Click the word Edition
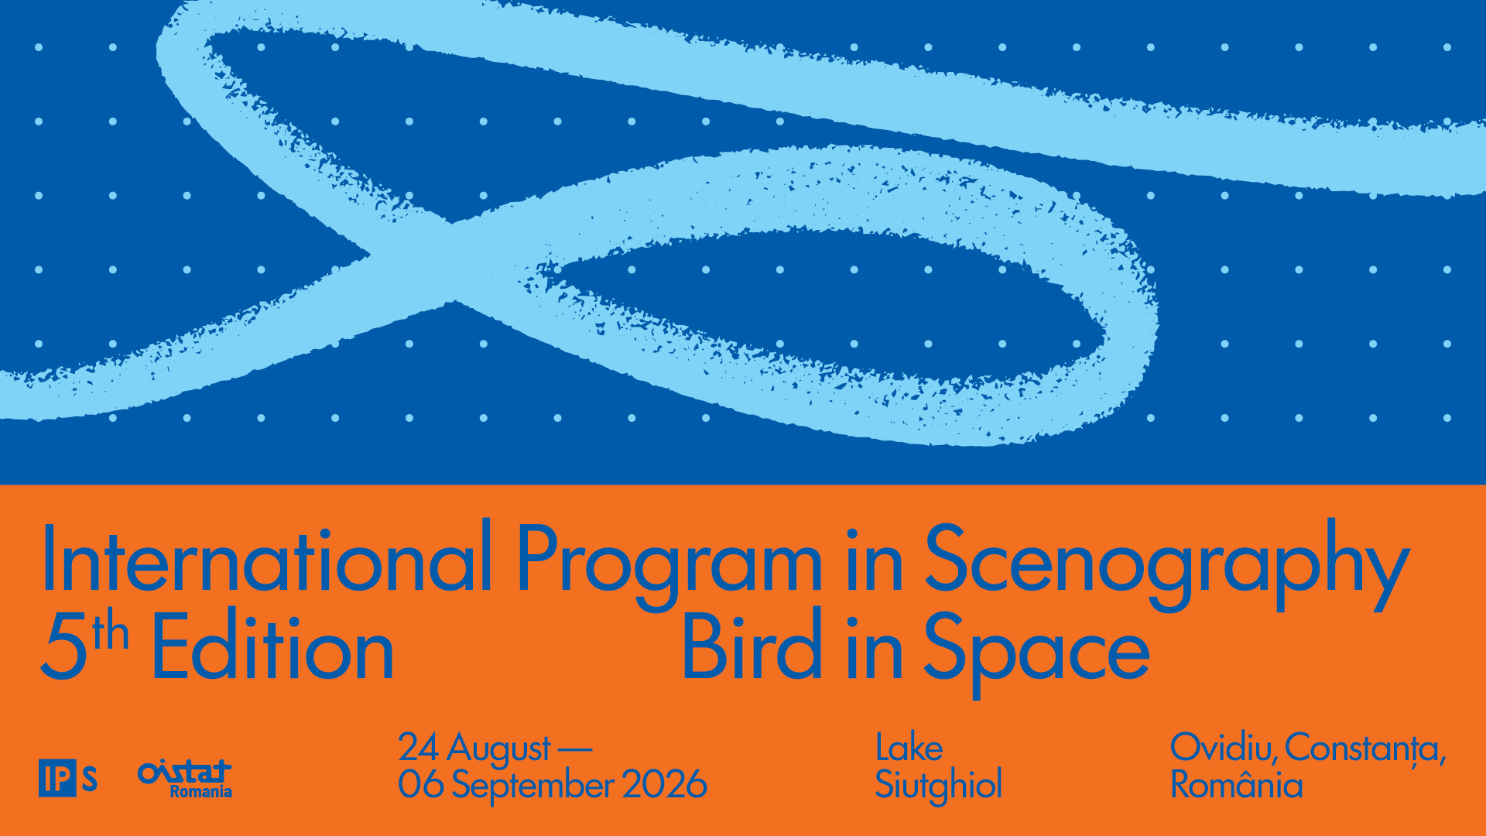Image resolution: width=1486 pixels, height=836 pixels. coord(272,646)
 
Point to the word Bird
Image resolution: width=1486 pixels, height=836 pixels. coord(751,646)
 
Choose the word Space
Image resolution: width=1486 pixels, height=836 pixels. coord(1036,652)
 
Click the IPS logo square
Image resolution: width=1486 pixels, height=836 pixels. coord(57,778)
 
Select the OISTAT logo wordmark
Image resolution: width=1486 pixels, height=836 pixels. coord(184,772)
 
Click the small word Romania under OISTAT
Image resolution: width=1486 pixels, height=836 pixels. coord(201,792)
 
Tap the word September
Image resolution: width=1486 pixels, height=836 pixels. coord(533,786)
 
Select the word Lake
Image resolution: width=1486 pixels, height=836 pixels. coord(909,748)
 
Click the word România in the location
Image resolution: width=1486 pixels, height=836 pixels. coord(1237,783)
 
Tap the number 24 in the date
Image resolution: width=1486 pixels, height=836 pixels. coord(419,747)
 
